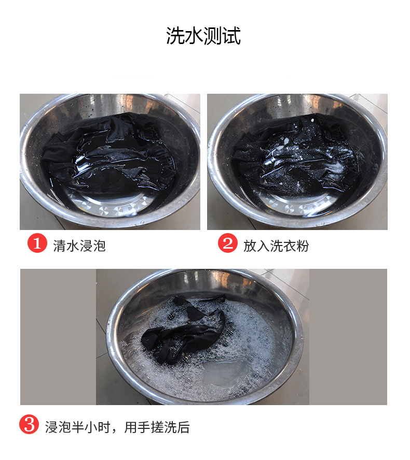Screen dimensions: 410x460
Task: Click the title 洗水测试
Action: coord(203,36)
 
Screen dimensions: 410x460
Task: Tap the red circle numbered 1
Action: coord(37,243)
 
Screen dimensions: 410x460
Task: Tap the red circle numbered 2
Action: coord(227,243)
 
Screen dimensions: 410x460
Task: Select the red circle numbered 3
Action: coord(29,424)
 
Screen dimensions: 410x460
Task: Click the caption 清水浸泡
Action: coord(79,246)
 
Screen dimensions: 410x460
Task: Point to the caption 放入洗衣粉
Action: coord(276,246)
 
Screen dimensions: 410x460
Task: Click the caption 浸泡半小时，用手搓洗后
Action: coord(117,427)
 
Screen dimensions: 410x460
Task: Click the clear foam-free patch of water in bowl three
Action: coord(225,372)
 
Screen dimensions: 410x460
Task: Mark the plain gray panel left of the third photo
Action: coord(58,337)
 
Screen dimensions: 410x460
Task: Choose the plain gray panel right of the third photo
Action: coord(348,337)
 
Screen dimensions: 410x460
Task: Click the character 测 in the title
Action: coord(212,36)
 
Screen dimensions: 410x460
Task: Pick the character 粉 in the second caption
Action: coord(303,246)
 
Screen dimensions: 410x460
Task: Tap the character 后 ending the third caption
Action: coord(183,427)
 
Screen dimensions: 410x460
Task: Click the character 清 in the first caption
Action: coord(60,246)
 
